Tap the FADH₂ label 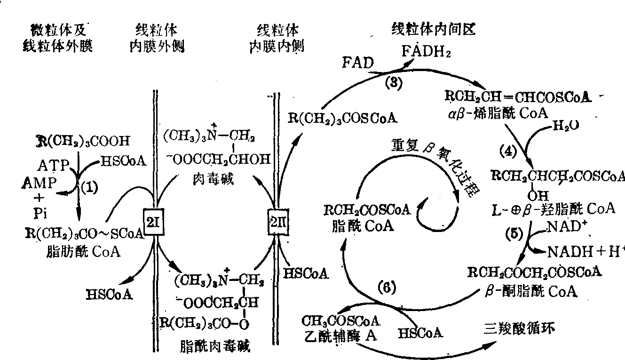426,51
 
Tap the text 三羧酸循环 520,328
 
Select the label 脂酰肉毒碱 215,347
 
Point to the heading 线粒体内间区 434,29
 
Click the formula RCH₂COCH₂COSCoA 535,272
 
